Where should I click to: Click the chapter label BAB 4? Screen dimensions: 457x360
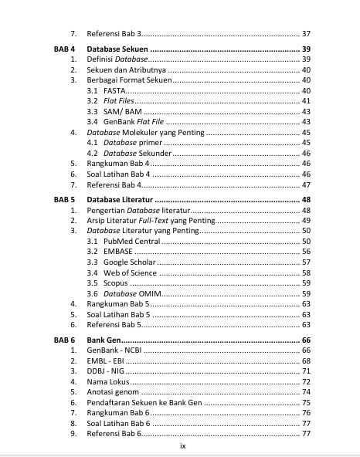[64, 49]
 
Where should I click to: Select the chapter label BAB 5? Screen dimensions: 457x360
[64, 199]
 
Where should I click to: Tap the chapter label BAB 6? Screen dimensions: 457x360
[64, 340]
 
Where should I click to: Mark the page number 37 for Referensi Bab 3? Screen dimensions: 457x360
[305, 34]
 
